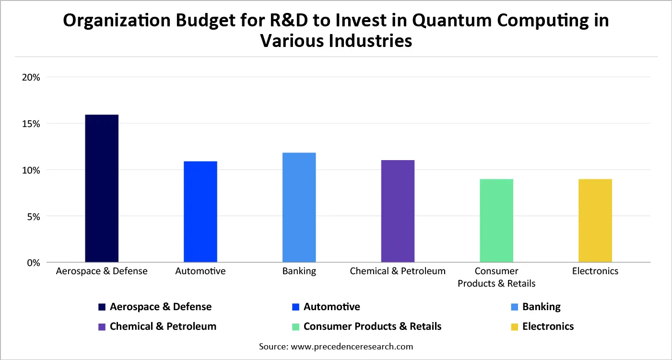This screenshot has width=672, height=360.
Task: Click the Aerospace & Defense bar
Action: [102, 188]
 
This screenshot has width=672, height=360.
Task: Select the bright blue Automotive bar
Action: [200, 212]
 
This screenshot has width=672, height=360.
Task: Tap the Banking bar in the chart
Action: [299, 208]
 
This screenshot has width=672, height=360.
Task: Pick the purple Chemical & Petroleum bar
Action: [398, 211]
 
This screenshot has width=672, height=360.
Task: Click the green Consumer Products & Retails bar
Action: [496, 221]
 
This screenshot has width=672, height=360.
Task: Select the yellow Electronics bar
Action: [595, 221]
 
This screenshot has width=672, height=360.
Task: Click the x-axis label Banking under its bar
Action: [299, 271]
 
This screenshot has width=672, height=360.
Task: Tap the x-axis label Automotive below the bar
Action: [200, 271]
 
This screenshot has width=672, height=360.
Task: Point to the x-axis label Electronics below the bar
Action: [595, 271]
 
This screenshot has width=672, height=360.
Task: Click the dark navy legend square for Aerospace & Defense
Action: [102, 307]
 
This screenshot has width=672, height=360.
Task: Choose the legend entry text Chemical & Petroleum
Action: [163, 326]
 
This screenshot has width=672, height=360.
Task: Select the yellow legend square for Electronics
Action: [514, 327]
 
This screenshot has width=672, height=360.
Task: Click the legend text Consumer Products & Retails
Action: [372, 326]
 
